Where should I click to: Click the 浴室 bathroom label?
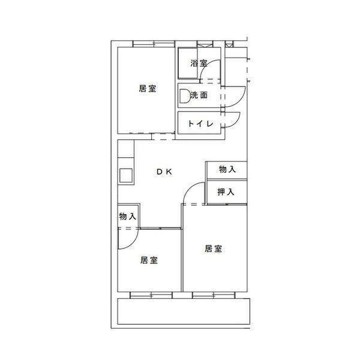click(x=199, y=63)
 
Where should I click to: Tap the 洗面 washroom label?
click(x=199, y=95)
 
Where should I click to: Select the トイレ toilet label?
click(x=200, y=124)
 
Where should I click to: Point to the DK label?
click(x=164, y=172)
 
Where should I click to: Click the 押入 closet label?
click(x=226, y=192)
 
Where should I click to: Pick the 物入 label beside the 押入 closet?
click(x=227, y=169)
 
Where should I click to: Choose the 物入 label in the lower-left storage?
click(x=128, y=216)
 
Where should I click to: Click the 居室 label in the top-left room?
click(x=148, y=88)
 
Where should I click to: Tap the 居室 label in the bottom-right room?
click(x=213, y=248)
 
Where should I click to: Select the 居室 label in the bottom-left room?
click(x=149, y=260)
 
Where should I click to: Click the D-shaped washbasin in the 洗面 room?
click(x=184, y=96)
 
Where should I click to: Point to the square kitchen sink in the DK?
click(x=126, y=176)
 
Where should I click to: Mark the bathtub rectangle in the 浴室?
click(x=188, y=64)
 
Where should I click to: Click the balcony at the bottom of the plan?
click(x=184, y=311)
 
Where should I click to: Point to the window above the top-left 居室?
click(x=154, y=44)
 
